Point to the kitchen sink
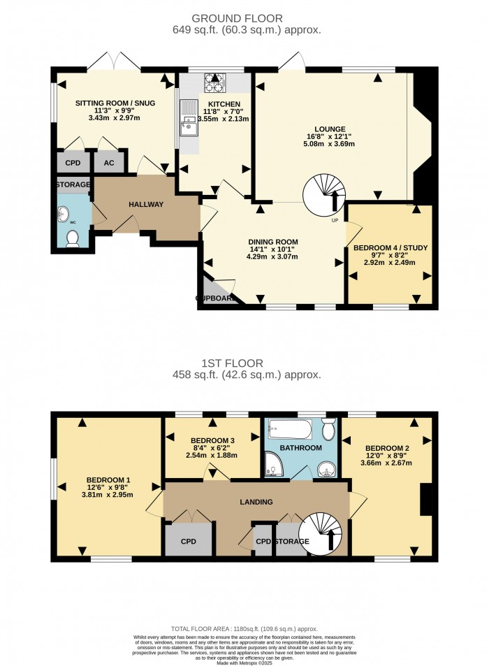pos(188,118)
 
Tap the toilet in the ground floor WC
pos(71,239)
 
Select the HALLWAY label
pos(145,205)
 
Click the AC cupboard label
pos(108,164)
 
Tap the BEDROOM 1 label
pos(104,480)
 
